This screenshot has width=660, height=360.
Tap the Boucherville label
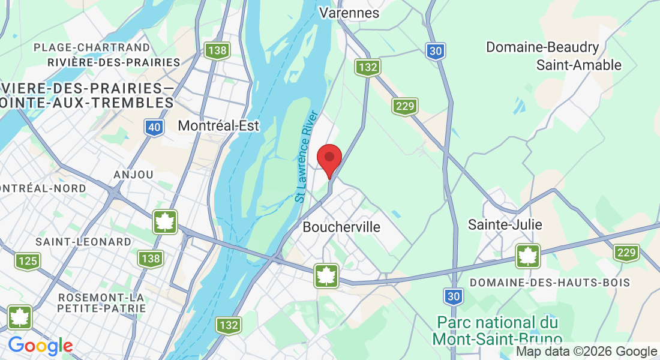[x=341, y=227]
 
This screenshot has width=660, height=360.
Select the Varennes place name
[x=349, y=13]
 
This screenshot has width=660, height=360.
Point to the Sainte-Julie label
[x=505, y=224]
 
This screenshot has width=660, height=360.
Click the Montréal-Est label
[x=218, y=125]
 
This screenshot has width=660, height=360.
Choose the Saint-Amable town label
[x=579, y=65]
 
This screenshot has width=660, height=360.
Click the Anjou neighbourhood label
[x=133, y=174]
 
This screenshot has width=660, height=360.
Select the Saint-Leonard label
[x=83, y=242]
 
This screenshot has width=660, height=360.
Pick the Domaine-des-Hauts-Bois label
[x=550, y=282]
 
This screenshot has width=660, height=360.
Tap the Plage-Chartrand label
[x=92, y=47]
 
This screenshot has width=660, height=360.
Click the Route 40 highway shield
[x=153, y=127]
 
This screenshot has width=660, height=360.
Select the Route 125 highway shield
[x=28, y=261]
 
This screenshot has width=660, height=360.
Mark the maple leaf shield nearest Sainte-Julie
[x=528, y=256]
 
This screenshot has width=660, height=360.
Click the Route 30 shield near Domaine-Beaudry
[x=436, y=52]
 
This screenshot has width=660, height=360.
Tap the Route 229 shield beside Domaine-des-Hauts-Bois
[x=626, y=253]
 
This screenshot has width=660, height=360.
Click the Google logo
[x=40, y=346]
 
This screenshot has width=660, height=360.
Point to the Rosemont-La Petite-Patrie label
[x=101, y=302]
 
